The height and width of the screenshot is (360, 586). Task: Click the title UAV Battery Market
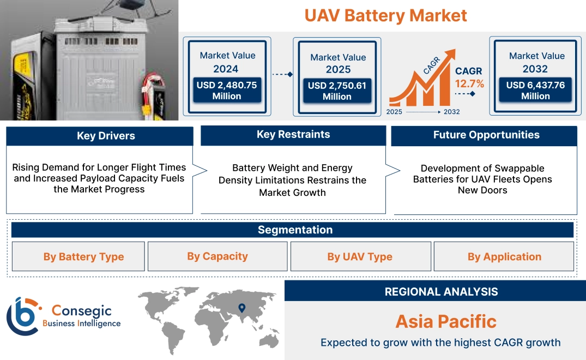pyautogui.click(x=385, y=15)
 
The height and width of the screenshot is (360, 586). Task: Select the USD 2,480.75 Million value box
pyautogui.click(x=226, y=91)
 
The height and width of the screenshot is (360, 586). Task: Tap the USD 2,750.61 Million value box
pyautogui.click(x=337, y=91)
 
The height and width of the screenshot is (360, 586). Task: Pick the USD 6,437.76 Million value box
pyautogui.click(x=535, y=91)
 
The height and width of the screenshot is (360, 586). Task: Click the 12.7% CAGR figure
pyautogui.click(x=469, y=84)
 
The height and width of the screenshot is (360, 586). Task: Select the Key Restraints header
pyautogui.click(x=293, y=135)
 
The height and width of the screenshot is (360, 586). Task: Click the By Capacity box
pyautogui.click(x=218, y=256)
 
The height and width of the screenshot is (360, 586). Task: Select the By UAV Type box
pyautogui.click(x=360, y=257)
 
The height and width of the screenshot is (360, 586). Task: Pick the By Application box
pyautogui.click(x=504, y=257)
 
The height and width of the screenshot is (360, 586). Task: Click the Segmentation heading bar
pyautogui.click(x=295, y=230)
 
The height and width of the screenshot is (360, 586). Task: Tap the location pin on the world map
pyautogui.click(x=241, y=309)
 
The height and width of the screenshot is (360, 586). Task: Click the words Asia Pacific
pyautogui.click(x=446, y=321)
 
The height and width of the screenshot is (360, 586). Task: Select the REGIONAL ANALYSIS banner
pyautogui.click(x=441, y=292)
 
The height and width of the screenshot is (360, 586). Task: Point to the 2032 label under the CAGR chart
pyautogui.click(x=452, y=112)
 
